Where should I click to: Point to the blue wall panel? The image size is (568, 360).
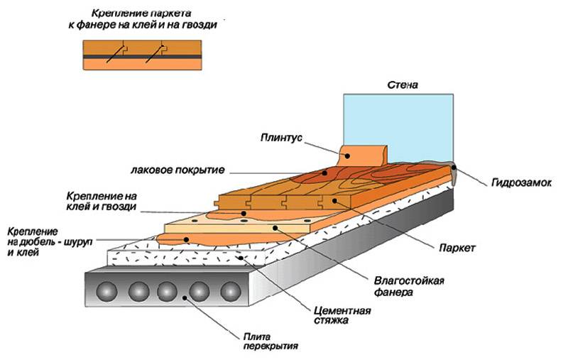point(398,124)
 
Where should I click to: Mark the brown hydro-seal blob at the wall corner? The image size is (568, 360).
point(453,171)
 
